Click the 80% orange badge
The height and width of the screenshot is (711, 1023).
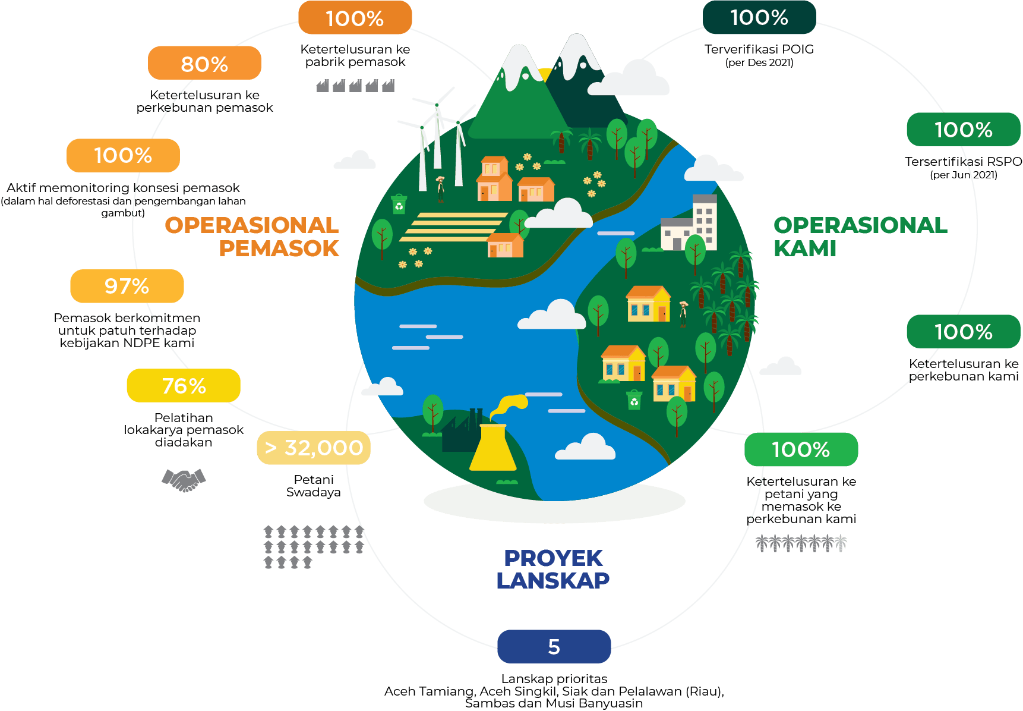click(x=204, y=63)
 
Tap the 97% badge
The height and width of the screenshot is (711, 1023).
click(x=127, y=286)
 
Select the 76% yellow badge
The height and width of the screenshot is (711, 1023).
click(x=184, y=386)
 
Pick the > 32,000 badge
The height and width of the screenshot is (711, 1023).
click(x=314, y=448)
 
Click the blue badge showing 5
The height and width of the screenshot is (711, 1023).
click(x=554, y=646)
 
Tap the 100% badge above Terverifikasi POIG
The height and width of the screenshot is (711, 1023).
click(x=759, y=18)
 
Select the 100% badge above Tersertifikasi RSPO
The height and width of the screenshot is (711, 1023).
click(x=963, y=130)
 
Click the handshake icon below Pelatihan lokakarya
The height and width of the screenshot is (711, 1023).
click(x=184, y=479)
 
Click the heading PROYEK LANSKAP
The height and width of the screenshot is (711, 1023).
click(x=553, y=569)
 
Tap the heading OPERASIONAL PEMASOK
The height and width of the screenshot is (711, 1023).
click(x=252, y=236)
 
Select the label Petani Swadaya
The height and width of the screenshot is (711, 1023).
click(x=314, y=486)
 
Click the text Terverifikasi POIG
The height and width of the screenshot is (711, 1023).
click(x=759, y=49)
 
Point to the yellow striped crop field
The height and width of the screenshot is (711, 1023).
click(x=453, y=226)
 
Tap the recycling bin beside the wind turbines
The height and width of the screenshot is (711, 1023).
click(x=399, y=204)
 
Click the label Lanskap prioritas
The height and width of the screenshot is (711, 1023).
click(x=554, y=678)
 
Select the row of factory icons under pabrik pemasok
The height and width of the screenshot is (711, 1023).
click(x=355, y=86)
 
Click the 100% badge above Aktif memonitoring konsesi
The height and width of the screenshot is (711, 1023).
click(x=123, y=155)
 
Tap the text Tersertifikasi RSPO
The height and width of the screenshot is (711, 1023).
click(x=963, y=161)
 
